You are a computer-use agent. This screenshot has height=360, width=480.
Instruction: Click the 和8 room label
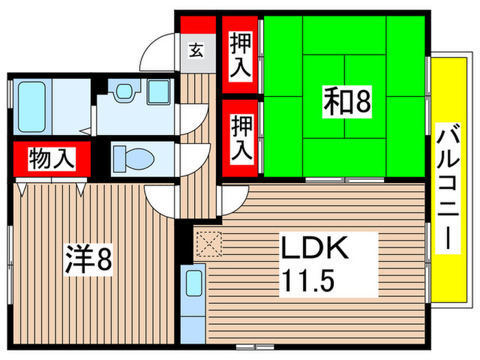pos(347,102)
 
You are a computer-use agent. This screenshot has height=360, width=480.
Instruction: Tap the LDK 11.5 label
pos(315,264)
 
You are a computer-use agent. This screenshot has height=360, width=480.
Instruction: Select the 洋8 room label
pos(88,259)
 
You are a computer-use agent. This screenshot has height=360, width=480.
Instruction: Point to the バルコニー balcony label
pos(448,188)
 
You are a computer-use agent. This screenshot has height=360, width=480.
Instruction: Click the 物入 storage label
pos(51,158)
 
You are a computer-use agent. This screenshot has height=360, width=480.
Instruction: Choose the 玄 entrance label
pos(196,50)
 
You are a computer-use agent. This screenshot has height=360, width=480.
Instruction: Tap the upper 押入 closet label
pos(241,56)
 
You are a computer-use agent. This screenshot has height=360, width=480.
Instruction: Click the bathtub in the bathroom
pos(32,107)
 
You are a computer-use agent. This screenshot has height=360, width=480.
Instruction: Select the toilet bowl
pos(134,159)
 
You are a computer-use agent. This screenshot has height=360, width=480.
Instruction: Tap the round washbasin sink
pos(124,91)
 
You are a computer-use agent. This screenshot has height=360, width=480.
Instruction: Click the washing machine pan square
pos(158,91)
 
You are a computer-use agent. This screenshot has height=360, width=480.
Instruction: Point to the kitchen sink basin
pos(194,283)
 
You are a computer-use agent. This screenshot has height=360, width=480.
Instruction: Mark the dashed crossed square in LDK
pos(210,244)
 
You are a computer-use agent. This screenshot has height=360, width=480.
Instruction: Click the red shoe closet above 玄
pos(198,25)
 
